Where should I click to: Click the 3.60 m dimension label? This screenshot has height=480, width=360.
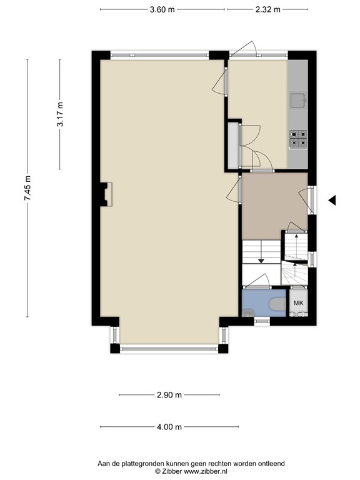click(162, 9)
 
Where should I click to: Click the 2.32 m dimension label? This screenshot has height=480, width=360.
click(268, 9)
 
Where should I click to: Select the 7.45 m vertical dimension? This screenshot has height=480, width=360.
click(27, 188)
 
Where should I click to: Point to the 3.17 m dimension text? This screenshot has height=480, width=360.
click(60, 114)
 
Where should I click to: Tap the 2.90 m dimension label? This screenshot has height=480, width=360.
click(169, 395)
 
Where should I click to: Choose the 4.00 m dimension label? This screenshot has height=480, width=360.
click(169, 427)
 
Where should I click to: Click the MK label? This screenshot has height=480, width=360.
click(299, 303)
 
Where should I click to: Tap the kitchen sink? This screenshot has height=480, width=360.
click(298, 101)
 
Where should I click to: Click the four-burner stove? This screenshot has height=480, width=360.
click(298, 139)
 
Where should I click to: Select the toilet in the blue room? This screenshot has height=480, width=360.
click(277, 304)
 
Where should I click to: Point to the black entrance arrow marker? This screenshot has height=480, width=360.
click(332, 201)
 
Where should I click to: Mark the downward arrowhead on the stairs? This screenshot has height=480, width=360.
click(261, 261)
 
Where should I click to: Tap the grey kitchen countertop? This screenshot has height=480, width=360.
click(297, 114)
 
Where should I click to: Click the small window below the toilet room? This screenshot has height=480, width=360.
click(262, 321)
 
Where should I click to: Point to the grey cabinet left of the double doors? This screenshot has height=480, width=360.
click(233, 145)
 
